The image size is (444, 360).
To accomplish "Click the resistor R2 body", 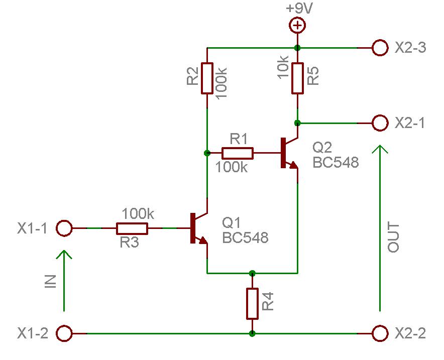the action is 207,78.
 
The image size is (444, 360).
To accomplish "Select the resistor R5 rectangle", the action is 298,78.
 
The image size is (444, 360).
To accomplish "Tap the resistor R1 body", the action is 237,153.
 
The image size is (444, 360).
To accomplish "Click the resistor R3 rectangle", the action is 132,228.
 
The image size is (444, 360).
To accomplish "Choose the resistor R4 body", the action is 252,304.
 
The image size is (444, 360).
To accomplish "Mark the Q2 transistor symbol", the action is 289,153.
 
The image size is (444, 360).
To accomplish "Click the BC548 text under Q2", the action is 336,163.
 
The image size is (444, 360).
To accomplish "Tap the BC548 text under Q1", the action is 245,237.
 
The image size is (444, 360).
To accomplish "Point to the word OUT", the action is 393,237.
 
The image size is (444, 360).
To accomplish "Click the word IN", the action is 51,282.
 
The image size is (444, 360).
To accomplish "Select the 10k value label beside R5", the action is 283,67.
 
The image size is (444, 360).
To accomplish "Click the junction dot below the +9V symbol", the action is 297,48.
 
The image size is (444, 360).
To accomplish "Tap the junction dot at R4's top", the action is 252,273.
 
